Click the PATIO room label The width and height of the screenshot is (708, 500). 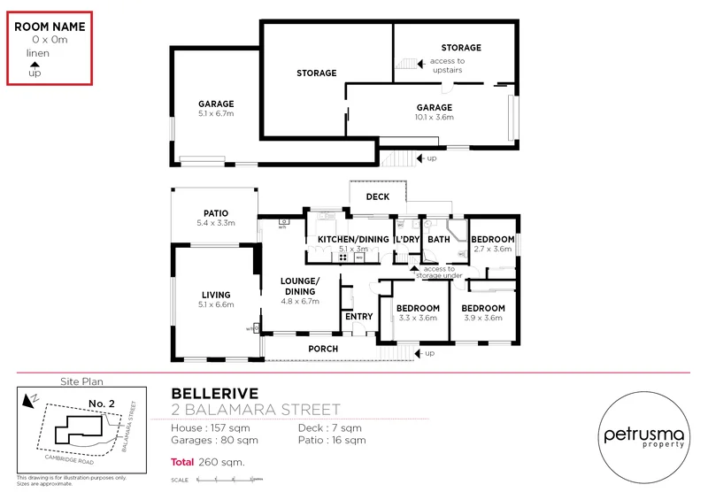tap(216, 213)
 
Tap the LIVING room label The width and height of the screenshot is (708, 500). tap(216, 295)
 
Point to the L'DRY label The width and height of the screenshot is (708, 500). tap(407, 240)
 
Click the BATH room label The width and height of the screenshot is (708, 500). tap(439, 240)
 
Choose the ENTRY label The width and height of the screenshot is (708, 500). tap(358, 316)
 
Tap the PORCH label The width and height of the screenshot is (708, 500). tap(323, 349)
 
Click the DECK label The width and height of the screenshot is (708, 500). tap(378, 196)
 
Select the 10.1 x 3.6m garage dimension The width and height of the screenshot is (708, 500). tap(435, 117)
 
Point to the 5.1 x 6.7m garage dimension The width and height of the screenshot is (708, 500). tap(216, 114)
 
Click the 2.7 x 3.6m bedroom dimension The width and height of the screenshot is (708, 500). tap(492, 250)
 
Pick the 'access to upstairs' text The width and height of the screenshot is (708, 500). tap(447, 65)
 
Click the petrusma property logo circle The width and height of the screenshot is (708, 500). tap(645, 436)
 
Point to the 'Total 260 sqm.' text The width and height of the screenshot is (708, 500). tap(208, 462)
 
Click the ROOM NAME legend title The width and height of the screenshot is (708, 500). tap(50, 27)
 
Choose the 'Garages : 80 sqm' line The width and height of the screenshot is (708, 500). tap(215, 440)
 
